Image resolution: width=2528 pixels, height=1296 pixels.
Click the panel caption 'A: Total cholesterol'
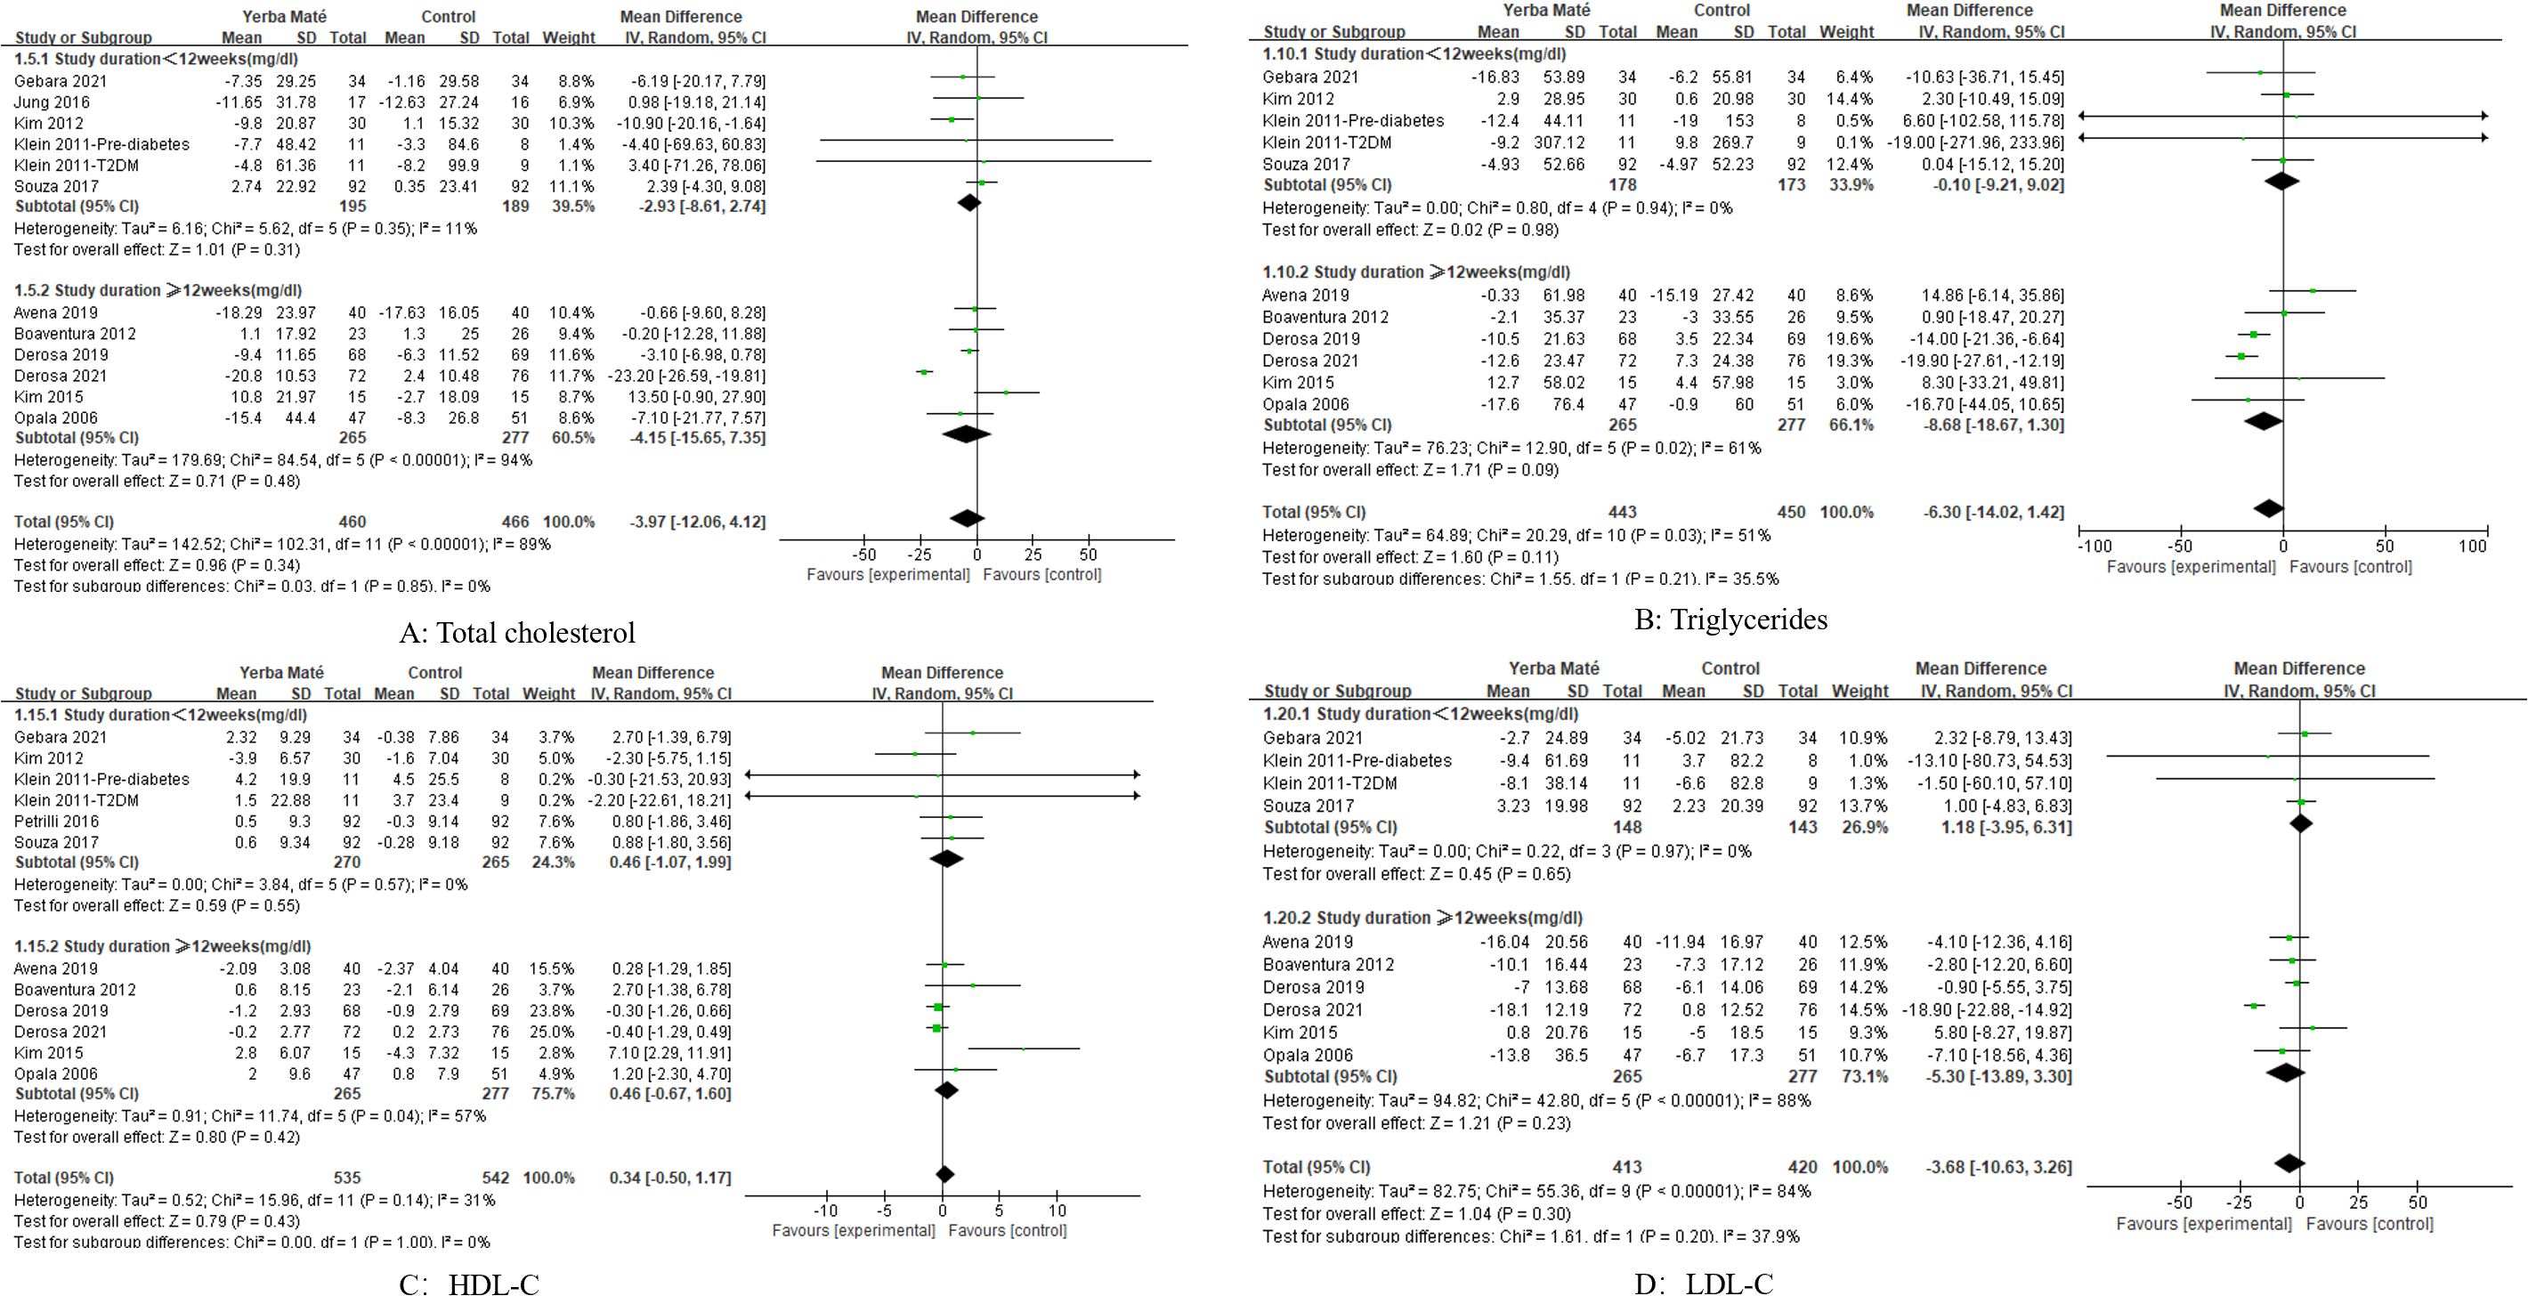pyautogui.click(x=517, y=633)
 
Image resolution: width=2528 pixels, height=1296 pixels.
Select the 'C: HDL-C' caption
pyautogui.click(x=468, y=1284)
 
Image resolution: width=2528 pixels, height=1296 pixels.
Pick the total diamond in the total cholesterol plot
pyautogui.click(x=967, y=519)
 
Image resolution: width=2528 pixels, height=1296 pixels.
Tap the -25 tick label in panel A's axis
pyautogui.click(x=920, y=555)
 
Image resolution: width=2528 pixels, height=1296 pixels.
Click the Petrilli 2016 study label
pyautogui.click(x=56, y=822)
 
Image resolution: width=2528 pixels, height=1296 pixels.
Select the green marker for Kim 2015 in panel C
pyautogui.click(x=1024, y=1049)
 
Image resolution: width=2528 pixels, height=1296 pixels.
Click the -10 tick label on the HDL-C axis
pyautogui.click(x=825, y=1210)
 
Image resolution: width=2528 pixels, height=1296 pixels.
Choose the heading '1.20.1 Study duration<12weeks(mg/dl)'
pyautogui.click(x=1420, y=714)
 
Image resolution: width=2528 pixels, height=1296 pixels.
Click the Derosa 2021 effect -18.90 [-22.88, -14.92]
pyautogui.click(x=1996, y=1009)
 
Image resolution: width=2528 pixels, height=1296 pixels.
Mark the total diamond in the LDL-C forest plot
pyautogui.click(x=2289, y=1163)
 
